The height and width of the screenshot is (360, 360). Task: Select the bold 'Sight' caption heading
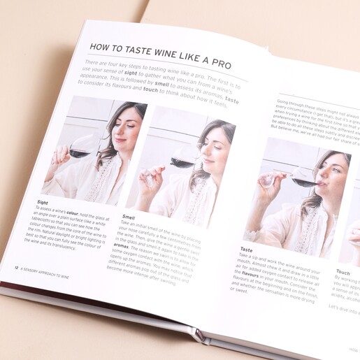(x=43, y=203)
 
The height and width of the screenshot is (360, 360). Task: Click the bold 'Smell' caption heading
(x=129, y=217)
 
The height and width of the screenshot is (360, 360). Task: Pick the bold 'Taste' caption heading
(x=246, y=250)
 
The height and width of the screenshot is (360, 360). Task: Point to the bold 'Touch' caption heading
(x=343, y=271)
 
